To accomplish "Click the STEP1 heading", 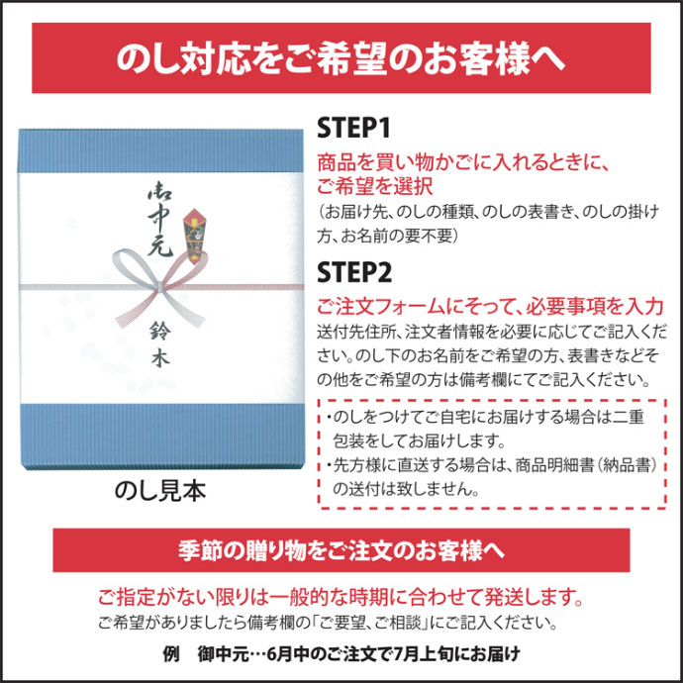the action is [353, 128].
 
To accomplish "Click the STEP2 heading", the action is [354, 272].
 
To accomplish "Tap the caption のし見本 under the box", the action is [159, 491].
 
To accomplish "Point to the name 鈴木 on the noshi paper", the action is [159, 344].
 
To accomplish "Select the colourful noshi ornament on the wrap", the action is [194, 237].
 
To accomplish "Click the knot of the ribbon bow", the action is [160, 287].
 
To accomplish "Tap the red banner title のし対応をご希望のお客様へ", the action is [341, 58].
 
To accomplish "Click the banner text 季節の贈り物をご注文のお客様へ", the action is [341, 550].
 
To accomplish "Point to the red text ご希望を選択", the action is [374, 186].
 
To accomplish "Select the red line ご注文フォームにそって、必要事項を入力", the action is [490, 307].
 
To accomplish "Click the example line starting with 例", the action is [341, 653].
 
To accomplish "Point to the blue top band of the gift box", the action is [160, 151].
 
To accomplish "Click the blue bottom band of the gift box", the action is [161, 437].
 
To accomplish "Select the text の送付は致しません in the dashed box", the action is [406, 489].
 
